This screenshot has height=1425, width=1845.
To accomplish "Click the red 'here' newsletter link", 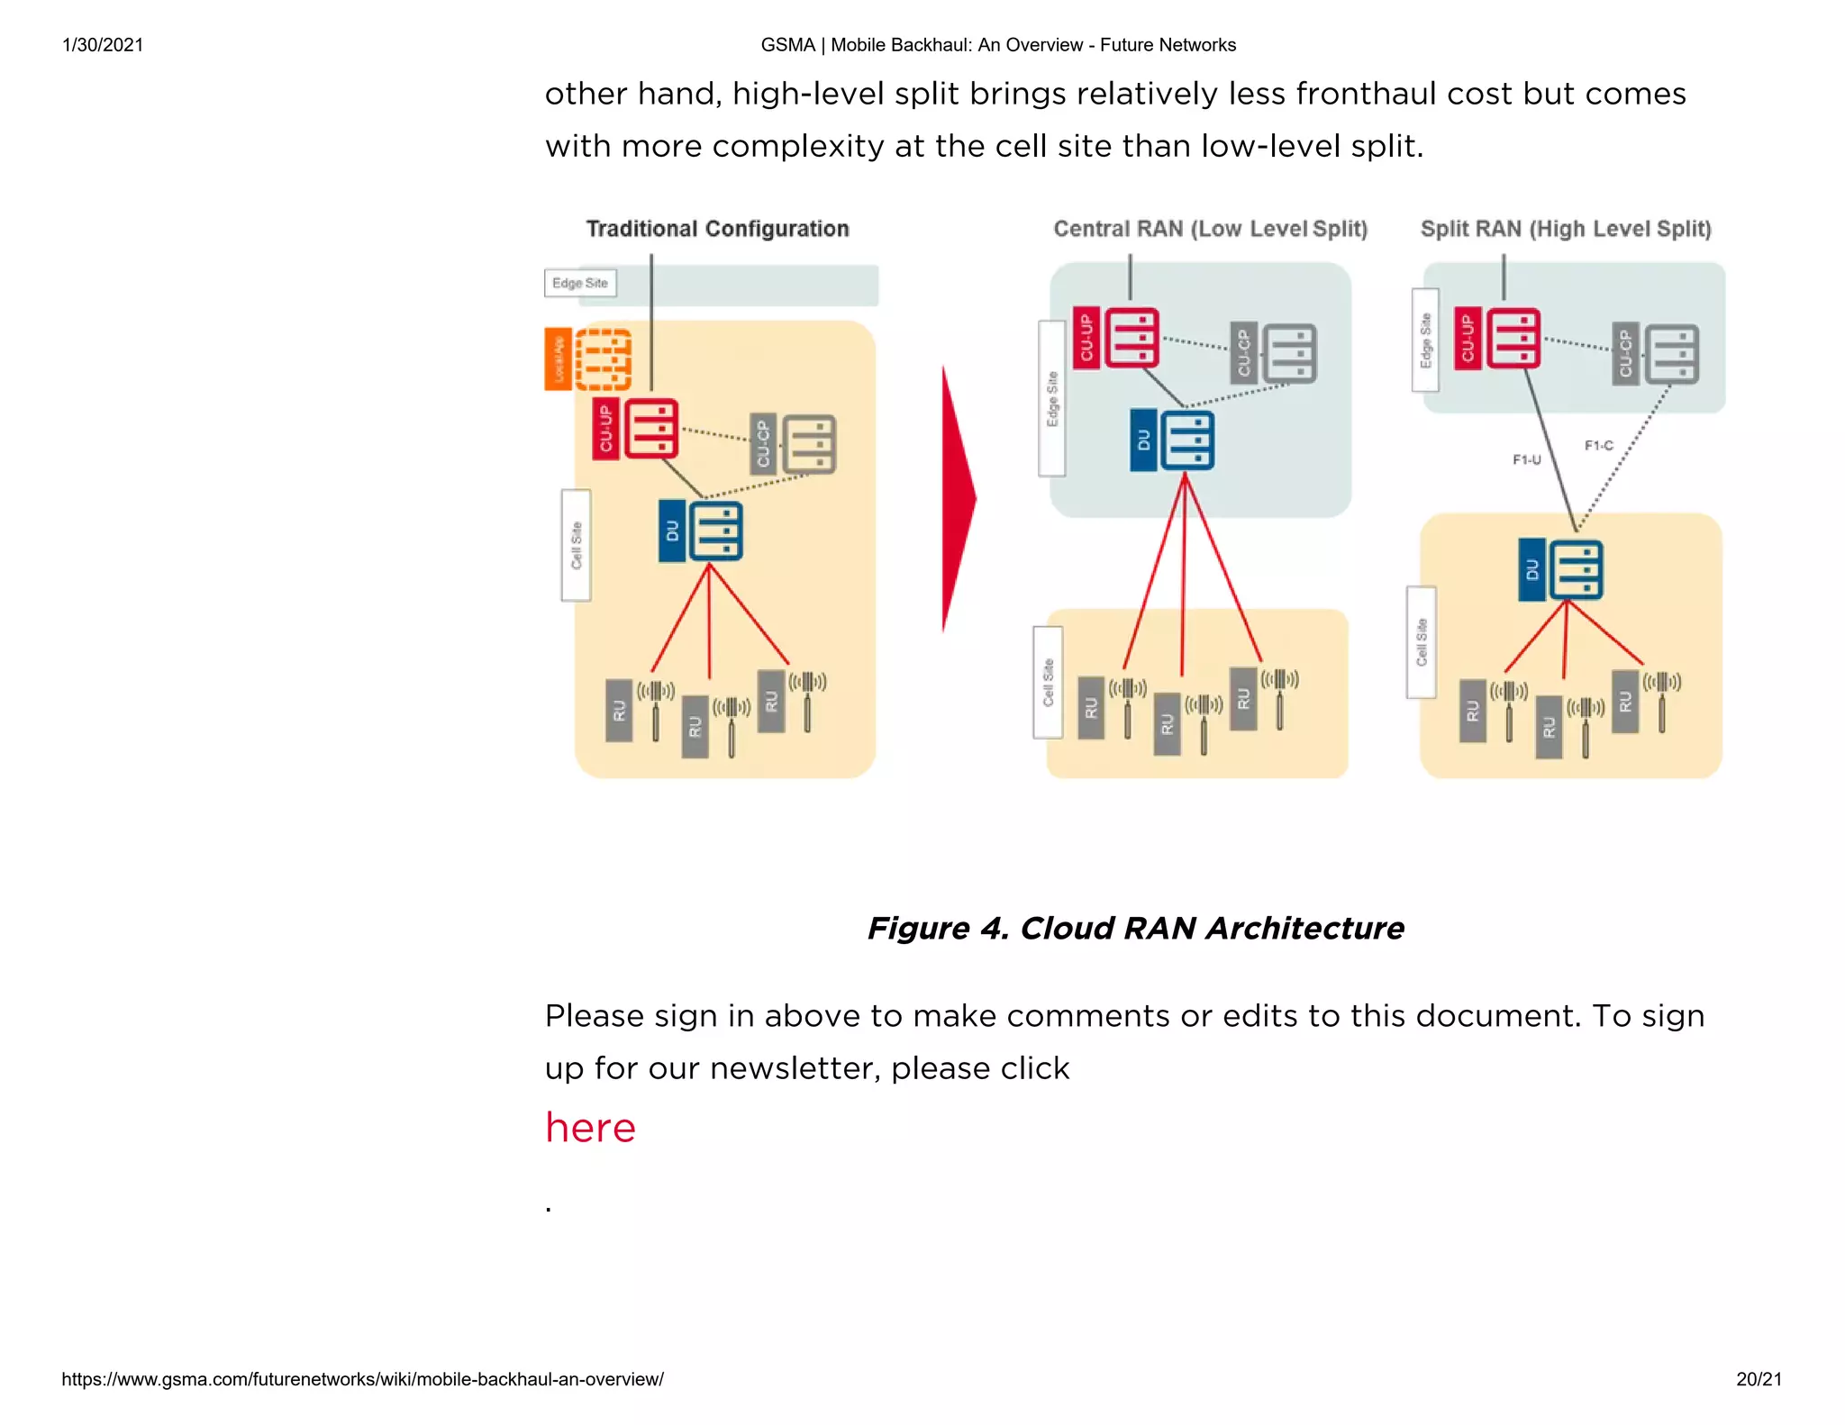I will tap(590, 1128).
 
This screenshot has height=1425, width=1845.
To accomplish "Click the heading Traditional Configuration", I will tap(717, 229).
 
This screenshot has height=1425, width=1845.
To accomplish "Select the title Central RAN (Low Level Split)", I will tap(1210, 229).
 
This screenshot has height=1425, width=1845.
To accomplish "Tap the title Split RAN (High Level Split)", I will tap(1566, 229).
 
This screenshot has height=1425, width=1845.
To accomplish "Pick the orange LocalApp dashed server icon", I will tap(603, 359).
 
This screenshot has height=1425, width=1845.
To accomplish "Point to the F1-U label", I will tap(1526, 459).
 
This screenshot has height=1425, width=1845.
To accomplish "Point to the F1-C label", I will tap(1598, 445).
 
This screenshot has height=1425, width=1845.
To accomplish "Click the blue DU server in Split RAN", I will tap(1576, 570).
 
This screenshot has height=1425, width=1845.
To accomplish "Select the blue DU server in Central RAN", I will tap(1187, 440).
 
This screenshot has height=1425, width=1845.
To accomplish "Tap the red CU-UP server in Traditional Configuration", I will tap(651, 429).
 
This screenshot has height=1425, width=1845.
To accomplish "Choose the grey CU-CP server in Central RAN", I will tap(1289, 354).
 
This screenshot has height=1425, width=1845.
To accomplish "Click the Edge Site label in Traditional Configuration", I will tap(580, 283).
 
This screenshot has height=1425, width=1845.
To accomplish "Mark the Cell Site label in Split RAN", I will tap(1422, 642).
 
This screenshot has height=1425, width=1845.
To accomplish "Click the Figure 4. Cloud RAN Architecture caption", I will tap(1135, 928).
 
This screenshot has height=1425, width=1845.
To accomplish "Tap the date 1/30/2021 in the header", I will tap(103, 45).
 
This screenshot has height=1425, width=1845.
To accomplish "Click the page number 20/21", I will tap(1759, 1379).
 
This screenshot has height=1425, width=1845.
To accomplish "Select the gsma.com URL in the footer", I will tap(362, 1379).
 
